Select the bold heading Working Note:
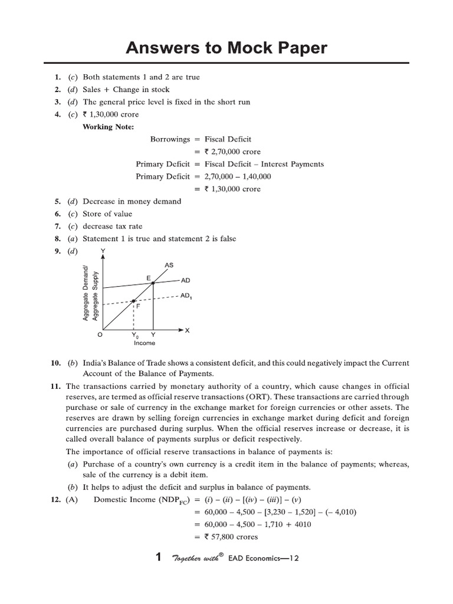(108, 127)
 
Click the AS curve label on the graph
(169, 265)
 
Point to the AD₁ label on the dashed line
(186, 297)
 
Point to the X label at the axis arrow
(188, 330)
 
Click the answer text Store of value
(107, 214)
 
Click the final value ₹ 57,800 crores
(231, 537)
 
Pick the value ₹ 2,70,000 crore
(232, 152)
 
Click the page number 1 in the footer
(157, 557)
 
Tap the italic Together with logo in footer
(196, 558)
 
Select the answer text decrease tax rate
(112, 226)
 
